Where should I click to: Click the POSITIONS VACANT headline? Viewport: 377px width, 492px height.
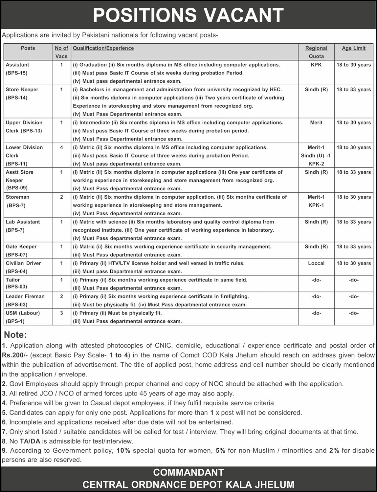tap(188, 15)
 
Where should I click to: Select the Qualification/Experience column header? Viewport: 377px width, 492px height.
tap(103, 48)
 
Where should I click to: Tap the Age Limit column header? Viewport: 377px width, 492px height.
tap(354, 48)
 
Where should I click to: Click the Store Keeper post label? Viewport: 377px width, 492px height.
tap(22, 90)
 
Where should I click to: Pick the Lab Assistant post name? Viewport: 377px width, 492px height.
tap(23, 222)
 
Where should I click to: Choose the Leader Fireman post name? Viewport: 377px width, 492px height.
tap(25, 296)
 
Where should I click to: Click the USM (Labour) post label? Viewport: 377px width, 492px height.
tap(23, 313)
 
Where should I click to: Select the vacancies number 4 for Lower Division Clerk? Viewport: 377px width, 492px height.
tap(61, 147)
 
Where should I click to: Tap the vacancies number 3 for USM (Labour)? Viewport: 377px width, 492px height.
tap(61, 313)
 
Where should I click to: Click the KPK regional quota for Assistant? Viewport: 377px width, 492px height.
tap(316, 65)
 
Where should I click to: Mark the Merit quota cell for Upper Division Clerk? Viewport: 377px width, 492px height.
tap(316, 123)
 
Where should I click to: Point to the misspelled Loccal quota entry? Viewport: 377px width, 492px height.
tap(316, 263)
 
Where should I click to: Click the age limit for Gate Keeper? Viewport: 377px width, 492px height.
tap(354, 247)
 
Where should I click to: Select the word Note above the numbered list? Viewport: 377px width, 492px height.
tap(15, 335)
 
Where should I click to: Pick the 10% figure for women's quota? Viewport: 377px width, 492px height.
tap(123, 451)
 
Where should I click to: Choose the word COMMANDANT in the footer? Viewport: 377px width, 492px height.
tap(188, 472)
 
